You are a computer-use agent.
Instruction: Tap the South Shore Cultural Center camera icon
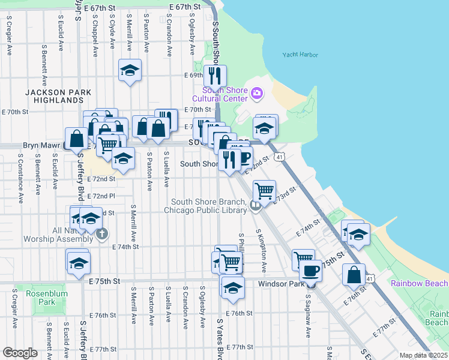tap(257, 92)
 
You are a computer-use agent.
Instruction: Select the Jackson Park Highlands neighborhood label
tap(58, 97)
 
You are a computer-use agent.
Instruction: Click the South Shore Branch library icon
tap(256, 206)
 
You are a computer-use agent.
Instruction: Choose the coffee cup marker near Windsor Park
tap(310, 271)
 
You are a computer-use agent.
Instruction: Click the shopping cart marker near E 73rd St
tap(265, 191)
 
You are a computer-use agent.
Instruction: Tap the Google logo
tap(20, 353)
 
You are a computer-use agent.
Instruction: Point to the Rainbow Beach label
tap(419, 283)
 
